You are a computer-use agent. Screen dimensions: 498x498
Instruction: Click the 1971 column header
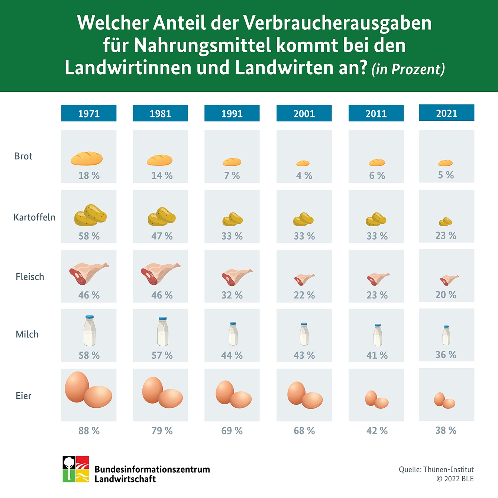tap(89, 113)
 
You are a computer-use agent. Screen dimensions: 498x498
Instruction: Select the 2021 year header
tap(446, 113)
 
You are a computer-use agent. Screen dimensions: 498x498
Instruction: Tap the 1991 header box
tap(232, 113)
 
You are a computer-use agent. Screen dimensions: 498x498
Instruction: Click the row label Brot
tap(23, 156)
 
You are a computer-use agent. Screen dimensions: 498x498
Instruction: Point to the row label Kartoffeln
tap(34, 217)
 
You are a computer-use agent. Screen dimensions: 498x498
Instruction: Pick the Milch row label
tap(27, 334)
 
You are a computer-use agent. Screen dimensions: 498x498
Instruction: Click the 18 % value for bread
tap(89, 175)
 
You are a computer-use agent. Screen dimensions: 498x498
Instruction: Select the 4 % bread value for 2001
tap(304, 175)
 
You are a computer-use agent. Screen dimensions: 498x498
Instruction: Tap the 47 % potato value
tap(162, 236)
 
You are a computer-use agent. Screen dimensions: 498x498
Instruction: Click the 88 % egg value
tap(89, 431)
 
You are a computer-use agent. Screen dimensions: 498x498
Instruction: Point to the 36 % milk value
tap(446, 355)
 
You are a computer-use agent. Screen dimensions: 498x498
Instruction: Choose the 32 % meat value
tap(232, 295)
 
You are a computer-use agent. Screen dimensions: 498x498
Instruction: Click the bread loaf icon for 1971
tap(87, 158)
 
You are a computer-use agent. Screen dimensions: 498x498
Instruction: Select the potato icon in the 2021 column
tap(446, 222)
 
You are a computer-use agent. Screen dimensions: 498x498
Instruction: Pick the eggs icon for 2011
tap(376, 400)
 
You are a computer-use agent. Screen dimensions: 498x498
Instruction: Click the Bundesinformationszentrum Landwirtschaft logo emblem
tap(76, 469)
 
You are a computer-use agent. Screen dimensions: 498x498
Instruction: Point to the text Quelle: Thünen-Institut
tap(436, 469)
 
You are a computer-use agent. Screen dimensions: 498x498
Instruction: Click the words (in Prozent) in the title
tap(408, 69)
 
